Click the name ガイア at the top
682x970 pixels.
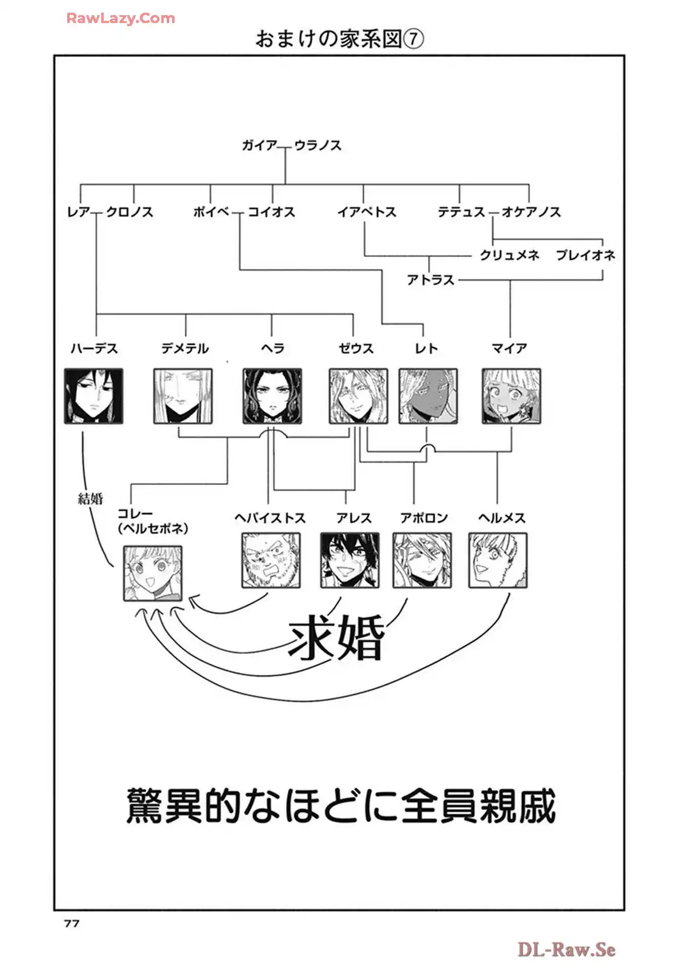[259, 145]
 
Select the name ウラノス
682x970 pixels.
[318, 145]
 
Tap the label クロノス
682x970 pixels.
[129, 212]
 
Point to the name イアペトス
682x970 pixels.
[367, 212]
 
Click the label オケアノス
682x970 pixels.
[531, 212]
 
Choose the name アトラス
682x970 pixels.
[430, 279]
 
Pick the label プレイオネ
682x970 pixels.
[586, 255]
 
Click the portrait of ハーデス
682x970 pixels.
[94, 396]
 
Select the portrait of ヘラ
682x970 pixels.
[272, 396]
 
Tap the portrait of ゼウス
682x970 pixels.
[358, 396]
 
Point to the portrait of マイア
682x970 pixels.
[511, 396]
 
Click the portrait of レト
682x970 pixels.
[428, 396]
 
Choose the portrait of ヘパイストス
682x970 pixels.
[271, 560]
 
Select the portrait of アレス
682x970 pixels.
[350, 560]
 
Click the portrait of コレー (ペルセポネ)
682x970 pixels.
[153, 573]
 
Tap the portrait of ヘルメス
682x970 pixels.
[498, 560]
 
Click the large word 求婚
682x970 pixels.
[336, 638]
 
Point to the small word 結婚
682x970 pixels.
[90, 498]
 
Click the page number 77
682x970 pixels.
[72, 923]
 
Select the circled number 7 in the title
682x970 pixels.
[413, 39]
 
